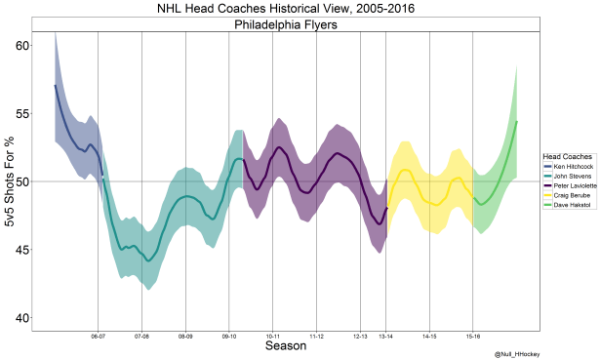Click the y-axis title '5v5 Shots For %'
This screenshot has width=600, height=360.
[9, 181]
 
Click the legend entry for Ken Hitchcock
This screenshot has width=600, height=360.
[571, 165]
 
